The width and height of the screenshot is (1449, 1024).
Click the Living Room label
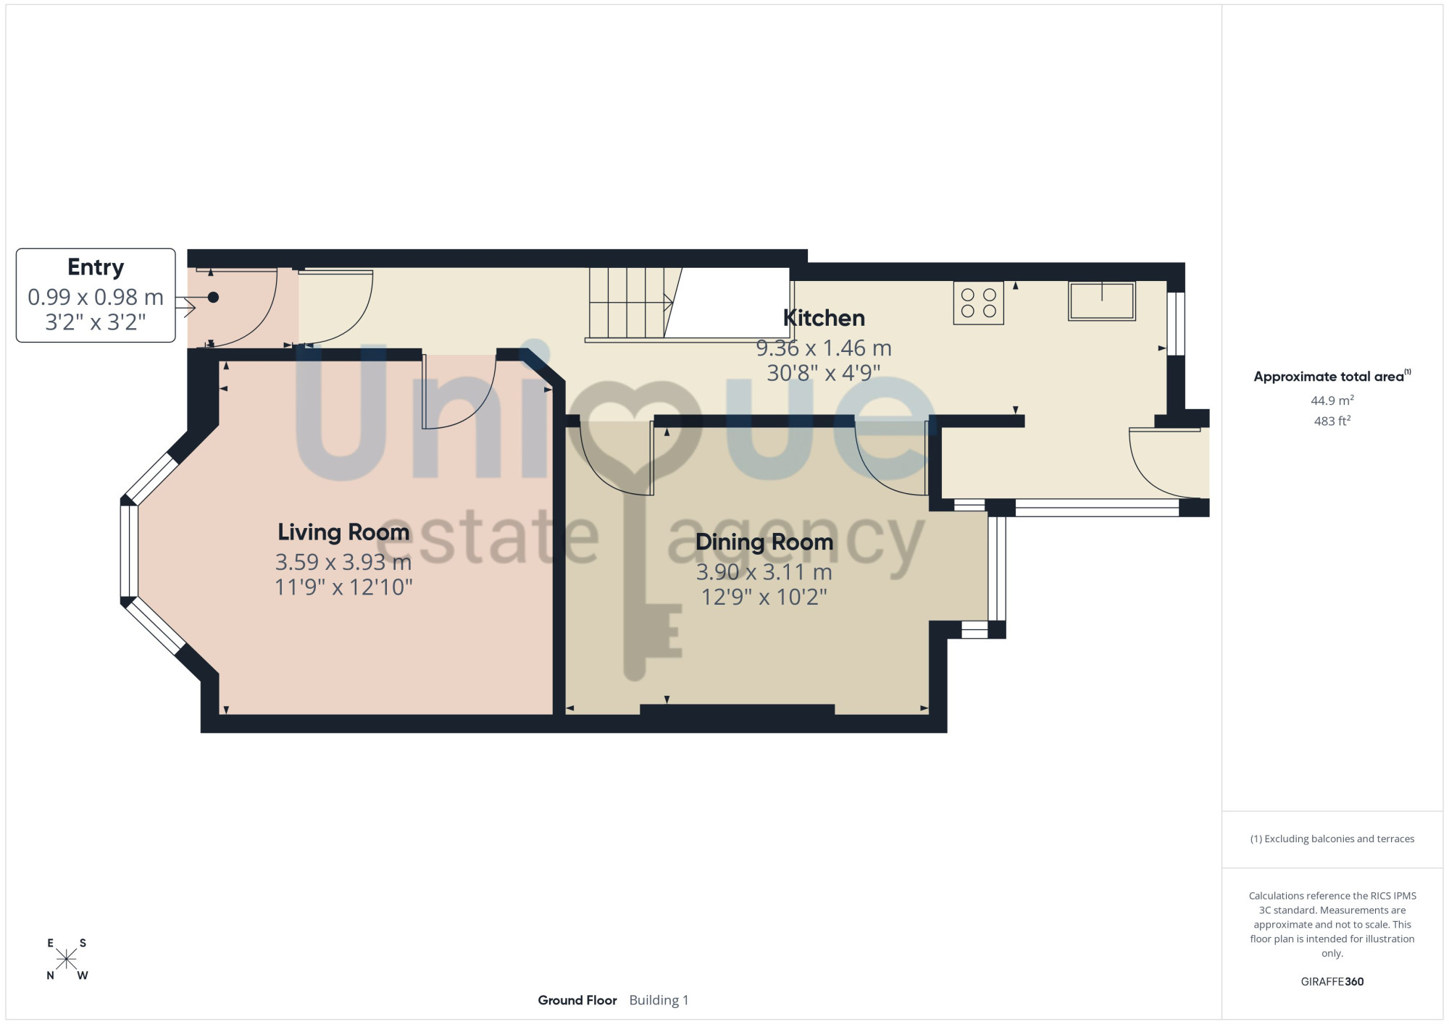343,532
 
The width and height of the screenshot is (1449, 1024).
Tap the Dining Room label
764,542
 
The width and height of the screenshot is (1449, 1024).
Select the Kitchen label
824,318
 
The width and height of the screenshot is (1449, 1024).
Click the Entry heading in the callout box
96,268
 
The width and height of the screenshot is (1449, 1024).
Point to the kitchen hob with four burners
978,303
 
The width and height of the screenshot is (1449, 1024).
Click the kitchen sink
1101,301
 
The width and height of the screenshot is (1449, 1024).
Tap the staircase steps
627,303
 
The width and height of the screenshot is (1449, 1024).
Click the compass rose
66,960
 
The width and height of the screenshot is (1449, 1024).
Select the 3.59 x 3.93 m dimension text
343,562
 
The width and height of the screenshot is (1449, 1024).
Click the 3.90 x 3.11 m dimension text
764,572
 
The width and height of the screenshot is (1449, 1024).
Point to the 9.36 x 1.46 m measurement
824,348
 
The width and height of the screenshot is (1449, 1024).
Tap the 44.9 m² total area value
1332,400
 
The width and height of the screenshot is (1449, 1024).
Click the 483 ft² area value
1332,421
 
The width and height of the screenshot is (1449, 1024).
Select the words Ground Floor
577,1000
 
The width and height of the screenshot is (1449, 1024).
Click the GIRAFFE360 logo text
1332,982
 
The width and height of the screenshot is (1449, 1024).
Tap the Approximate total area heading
1332,377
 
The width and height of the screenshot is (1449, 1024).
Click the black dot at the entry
213,297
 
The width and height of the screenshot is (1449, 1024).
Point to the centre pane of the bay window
129,551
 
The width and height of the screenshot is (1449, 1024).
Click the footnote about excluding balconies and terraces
1332,839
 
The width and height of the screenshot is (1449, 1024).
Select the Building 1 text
659,1000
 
